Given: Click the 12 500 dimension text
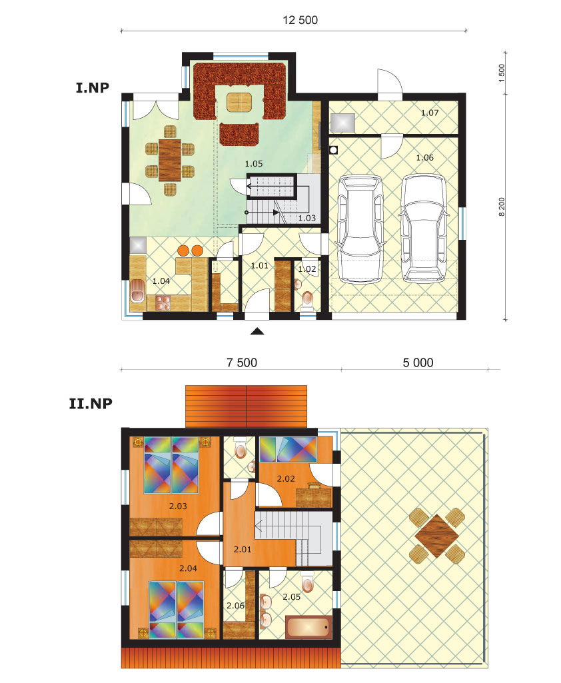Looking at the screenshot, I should click(300, 20).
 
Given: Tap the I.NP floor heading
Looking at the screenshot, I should click(94, 87).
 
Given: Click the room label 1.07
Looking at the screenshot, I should click(430, 113).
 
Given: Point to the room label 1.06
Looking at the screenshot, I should click(424, 157).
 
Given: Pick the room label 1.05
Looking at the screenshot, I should click(254, 163).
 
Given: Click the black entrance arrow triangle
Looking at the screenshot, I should click(258, 330).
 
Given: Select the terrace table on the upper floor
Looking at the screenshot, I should click(437, 534).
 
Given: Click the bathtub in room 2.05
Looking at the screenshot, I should click(308, 626).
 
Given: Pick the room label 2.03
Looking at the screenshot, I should click(178, 506).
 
